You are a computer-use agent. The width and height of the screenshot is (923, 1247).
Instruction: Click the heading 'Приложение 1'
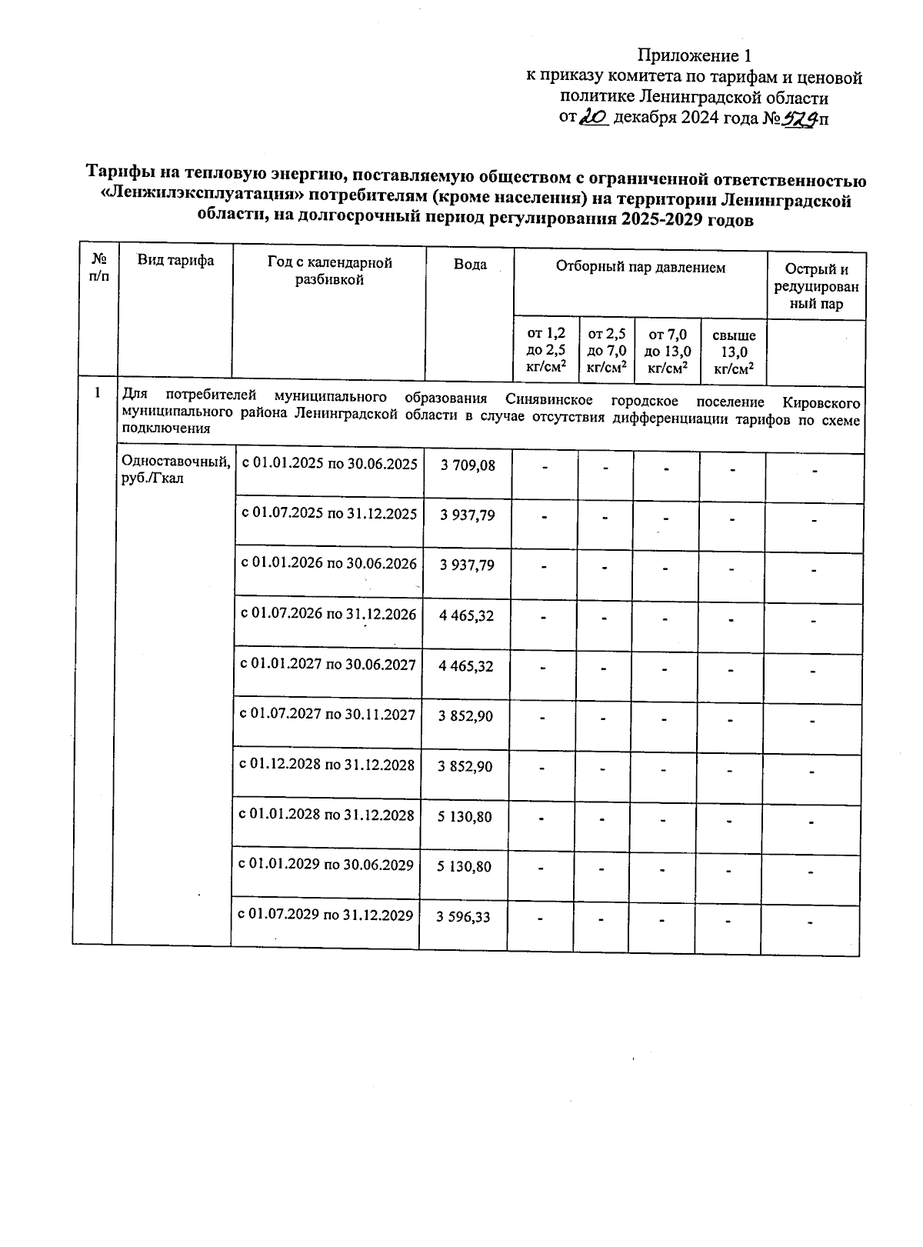693,55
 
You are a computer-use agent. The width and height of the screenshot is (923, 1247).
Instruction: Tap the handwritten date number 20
594,117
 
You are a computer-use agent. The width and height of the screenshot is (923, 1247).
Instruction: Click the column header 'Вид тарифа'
175,261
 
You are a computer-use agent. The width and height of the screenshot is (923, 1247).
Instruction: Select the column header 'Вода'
470,265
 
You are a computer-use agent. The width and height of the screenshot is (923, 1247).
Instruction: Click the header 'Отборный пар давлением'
640,268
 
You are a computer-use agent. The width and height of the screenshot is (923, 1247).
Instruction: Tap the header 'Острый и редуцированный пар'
816,286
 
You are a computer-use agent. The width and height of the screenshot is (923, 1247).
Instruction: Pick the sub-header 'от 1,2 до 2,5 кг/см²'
545,350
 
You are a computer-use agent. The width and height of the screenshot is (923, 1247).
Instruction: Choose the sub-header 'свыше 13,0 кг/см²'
733,352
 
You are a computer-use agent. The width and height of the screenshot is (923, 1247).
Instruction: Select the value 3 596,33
463,916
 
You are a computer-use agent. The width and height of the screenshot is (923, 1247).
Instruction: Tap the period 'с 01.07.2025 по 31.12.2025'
329,513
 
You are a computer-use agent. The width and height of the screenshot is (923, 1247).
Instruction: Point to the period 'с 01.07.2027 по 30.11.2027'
328,715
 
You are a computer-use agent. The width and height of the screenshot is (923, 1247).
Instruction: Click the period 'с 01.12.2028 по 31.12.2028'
327,765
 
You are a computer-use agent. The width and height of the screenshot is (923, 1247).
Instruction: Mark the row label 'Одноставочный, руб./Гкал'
175,469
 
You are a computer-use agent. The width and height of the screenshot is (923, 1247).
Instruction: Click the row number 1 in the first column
97,393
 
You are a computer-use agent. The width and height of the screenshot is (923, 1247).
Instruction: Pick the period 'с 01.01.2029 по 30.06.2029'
326,865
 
